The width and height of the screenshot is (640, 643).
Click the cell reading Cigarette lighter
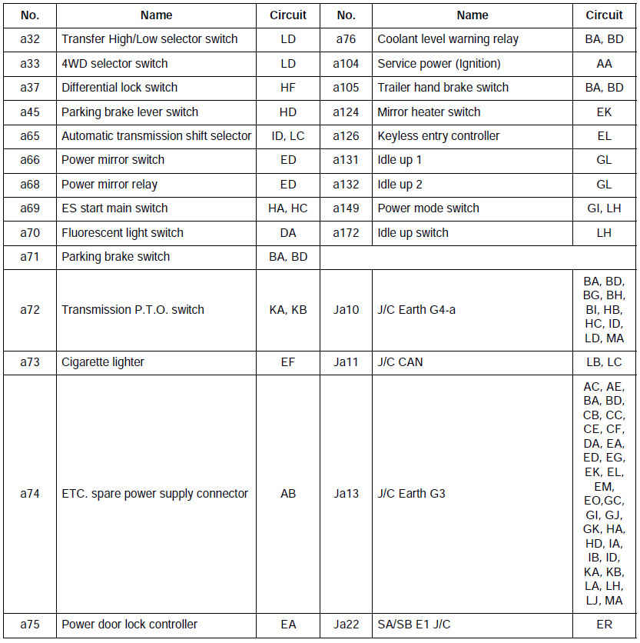(103, 362)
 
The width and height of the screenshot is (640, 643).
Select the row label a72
(30, 310)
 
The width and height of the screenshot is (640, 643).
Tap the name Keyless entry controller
(438, 136)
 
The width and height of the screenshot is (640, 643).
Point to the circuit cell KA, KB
(288, 310)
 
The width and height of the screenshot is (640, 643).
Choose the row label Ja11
(346, 362)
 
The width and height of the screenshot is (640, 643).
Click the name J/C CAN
(400, 362)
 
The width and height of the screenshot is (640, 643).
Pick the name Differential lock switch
(119, 88)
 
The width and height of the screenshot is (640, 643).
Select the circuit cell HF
(288, 88)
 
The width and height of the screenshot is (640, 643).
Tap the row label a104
(346, 64)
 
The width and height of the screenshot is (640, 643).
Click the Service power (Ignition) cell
(439, 64)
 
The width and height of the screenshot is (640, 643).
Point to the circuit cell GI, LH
(604, 208)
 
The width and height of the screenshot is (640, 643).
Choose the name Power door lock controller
(129, 625)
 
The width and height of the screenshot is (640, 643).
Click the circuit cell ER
(604, 625)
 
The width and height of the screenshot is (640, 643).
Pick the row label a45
(30, 112)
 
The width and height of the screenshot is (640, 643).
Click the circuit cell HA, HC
(288, 208)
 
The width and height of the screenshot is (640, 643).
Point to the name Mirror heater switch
(429, 112)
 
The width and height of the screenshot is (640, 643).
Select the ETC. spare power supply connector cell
(154, 494)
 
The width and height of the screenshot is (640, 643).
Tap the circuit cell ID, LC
(288, 136)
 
